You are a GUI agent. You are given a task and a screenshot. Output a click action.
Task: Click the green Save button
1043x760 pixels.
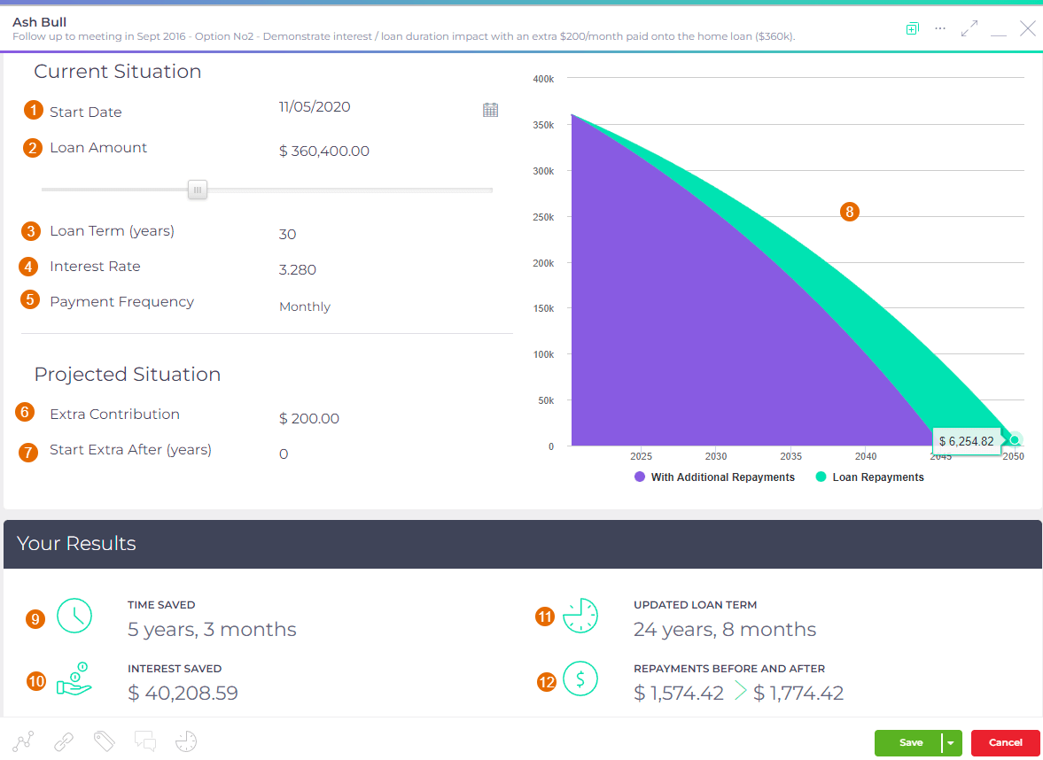coord(909,742)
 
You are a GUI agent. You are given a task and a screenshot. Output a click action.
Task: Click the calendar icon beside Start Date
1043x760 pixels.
coord(490,110)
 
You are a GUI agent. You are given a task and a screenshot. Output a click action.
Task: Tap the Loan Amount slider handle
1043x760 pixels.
coord(198,189)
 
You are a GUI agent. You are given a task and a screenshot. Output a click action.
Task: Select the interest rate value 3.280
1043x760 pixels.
coord(298,270)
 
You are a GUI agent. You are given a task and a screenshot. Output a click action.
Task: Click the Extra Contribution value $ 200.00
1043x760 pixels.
coord(309,419)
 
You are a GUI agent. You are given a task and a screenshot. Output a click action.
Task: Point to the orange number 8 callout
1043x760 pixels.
coord(850,212)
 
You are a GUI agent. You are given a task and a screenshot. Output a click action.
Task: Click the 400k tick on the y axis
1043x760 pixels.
coord(543,79)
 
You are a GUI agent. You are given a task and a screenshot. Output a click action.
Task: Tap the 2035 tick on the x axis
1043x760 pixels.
coord(790,457)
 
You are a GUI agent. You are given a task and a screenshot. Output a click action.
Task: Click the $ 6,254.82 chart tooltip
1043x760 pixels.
coord(966,441)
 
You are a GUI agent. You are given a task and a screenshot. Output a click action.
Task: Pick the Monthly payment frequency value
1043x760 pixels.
coord(305,307)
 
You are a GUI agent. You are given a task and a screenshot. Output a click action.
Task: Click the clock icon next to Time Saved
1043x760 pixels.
coord(74,615)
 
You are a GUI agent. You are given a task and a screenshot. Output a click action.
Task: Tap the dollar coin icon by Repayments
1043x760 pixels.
coord(580,679)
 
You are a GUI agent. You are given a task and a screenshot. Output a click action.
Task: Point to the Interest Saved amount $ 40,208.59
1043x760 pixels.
coord(183,693)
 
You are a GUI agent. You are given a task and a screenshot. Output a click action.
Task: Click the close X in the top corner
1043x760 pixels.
coord(1027,29)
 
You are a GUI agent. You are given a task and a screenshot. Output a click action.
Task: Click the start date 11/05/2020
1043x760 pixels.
coord(315,107)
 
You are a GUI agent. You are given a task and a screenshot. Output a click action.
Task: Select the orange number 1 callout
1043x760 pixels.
coord(34,111)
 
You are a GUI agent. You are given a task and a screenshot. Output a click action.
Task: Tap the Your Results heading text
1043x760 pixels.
coord(76,543)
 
